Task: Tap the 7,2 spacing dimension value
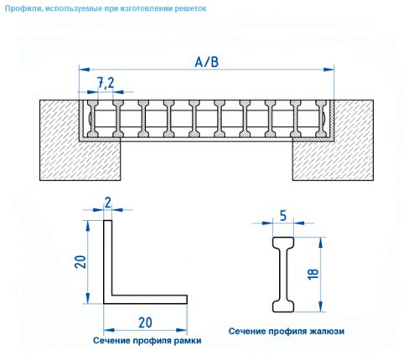(x=106, y=81)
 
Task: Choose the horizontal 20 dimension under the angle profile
(x=144, y=322)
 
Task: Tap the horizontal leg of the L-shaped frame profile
(x=147, y=298)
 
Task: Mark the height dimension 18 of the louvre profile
(x=312, y=273)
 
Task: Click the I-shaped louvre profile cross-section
(x=282, y=273)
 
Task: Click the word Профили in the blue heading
(x=24, y=8)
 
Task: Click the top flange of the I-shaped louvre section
(x=282, y=240)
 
